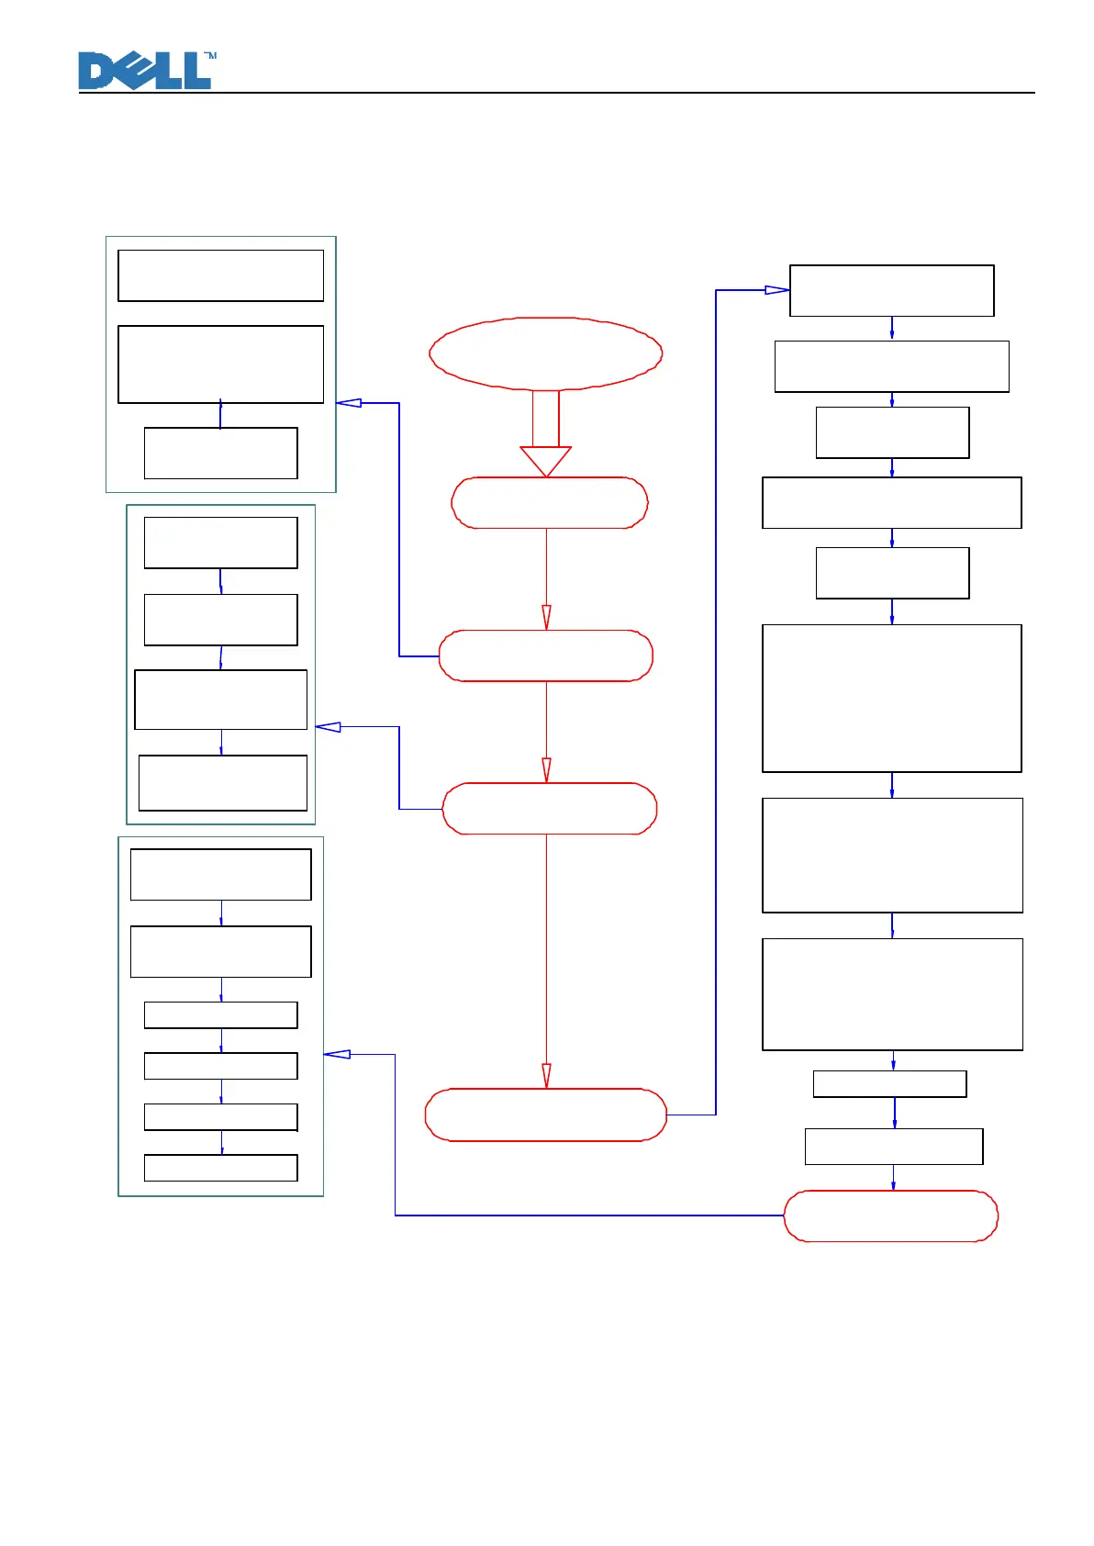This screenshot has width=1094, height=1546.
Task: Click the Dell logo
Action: (145, 71)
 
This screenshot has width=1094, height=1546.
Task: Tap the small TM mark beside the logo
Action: (210, 56)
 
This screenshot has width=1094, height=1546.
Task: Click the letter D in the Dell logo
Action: (96, 72)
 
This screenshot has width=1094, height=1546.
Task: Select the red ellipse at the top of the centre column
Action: (546, 353)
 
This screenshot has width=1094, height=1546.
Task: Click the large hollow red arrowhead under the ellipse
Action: (546, 460)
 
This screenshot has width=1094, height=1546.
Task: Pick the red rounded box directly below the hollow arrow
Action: (550, 503)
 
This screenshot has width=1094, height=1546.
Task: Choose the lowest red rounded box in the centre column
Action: (546, 1115)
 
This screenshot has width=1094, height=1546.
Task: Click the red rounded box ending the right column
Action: (890, 1216)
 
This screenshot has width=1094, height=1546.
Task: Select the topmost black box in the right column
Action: (891, 291)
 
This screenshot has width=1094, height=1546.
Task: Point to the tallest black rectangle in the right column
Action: (891, 699)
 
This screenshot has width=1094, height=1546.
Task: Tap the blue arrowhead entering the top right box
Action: (776, 290)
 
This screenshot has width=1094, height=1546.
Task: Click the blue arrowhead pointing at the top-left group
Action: (349, 403)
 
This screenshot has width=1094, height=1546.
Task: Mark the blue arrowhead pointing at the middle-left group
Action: (329, 727)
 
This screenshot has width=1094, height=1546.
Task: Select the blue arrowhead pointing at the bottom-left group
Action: (337, 1054)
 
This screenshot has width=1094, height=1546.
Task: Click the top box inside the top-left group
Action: (220, 275)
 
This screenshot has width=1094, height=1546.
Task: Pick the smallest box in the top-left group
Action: (220, 453)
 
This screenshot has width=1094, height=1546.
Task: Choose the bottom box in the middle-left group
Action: (222, 783)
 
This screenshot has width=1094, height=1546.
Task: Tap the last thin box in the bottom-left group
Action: (220, 1168)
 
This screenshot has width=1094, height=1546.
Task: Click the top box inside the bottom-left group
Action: (220, 874)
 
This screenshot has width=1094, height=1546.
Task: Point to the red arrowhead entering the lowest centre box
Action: (546, 1075)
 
